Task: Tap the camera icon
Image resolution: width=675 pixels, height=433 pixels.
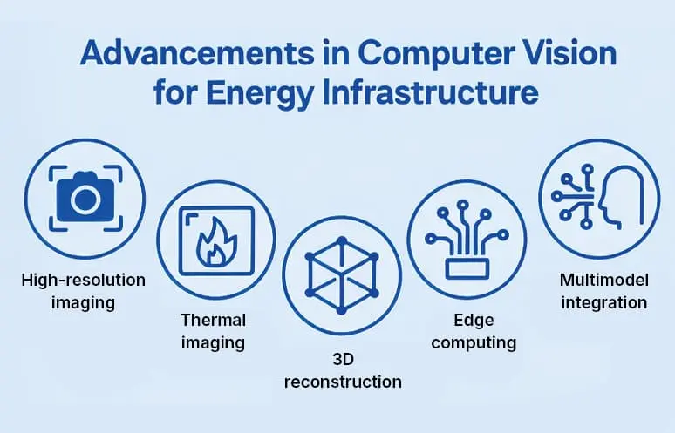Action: pyautogui.click(x=84, y=200)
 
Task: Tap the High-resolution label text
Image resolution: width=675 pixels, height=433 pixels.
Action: pyautogui.click(x=84, y=280)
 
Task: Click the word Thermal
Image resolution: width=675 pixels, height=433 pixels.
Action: pyautogui.click(x=213, y=320)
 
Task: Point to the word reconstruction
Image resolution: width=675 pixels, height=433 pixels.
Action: pyautogui.click(x=343, y=382)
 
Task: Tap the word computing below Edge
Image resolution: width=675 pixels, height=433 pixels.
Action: pyautogui.click(x=474, y=342)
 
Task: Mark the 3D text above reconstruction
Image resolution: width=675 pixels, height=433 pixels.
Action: pyautogui.click(x=342, y=359)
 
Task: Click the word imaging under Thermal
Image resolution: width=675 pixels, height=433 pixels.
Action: pyautogui.click(x=213, y=342)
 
